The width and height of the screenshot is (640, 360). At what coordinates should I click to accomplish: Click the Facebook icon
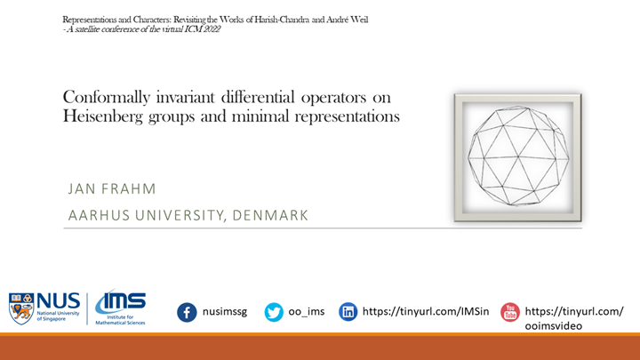tap(187, 312)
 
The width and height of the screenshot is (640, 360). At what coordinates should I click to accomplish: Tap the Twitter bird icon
tap(274, 312)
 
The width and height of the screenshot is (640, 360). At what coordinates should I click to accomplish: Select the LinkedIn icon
tap(348, 312)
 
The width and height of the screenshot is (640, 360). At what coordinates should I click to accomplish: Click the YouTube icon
tap(509, 312)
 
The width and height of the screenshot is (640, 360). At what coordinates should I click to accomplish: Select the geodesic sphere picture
tap(517, 156)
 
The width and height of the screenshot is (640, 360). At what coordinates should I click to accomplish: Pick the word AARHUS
tap(96, 215)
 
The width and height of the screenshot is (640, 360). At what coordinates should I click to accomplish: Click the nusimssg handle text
tap(225, 312)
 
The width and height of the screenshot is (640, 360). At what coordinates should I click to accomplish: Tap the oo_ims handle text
tap(308, 312)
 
